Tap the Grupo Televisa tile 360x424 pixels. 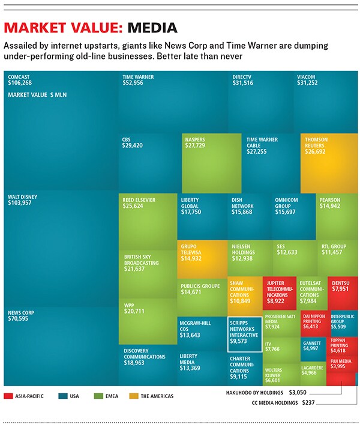point(202,259)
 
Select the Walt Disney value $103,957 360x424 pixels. point(21,203)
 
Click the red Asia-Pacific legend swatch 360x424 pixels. point(8,396)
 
